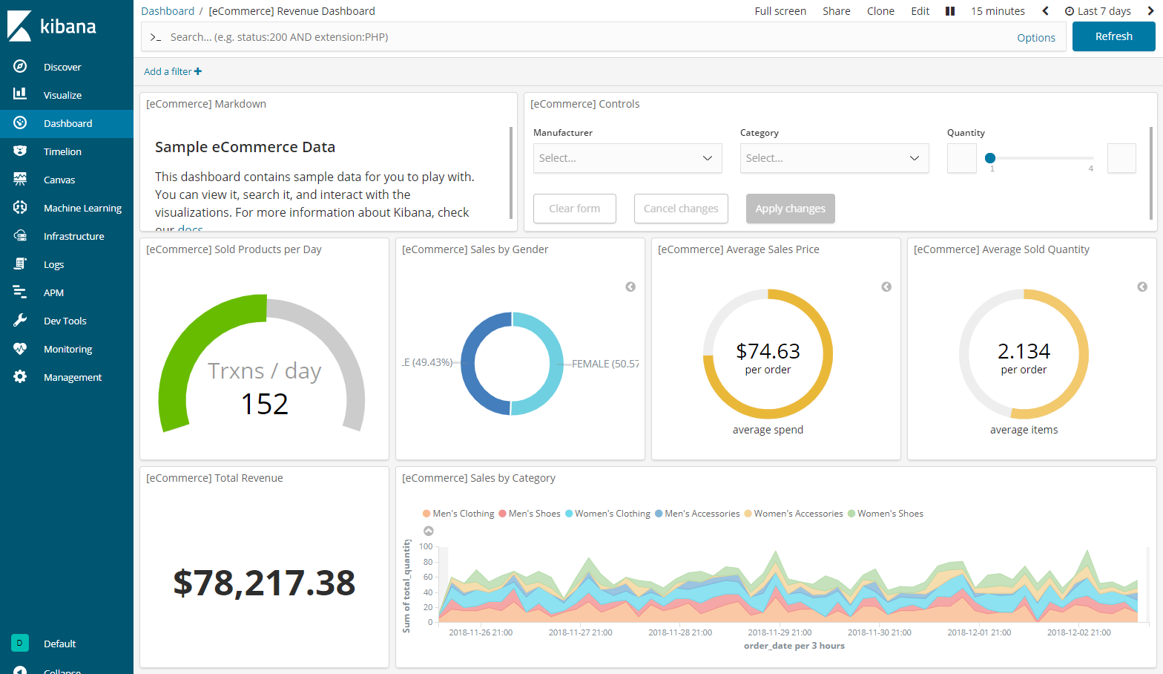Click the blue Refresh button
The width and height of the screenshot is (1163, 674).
pyautogui.click(x=1113, y=36)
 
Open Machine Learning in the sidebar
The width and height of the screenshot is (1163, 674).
pyautogui.click(x=82, y=209)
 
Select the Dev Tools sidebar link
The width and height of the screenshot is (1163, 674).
pyautogui.click(x=65, y=321)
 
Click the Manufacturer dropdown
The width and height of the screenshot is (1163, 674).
pyautogui.click(x=627, y=158)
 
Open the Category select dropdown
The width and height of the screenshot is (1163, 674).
pyautogui.click(x=834, y=158)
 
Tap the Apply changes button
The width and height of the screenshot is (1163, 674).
pyautogui.click(x=790, y=209)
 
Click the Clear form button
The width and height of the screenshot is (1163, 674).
pyautogui.click(x=574, y=209)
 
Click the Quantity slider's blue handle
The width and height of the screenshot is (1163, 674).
pyautogui.click(x=990, y=158)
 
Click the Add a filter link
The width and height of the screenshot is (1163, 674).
pyautogui.click(x=173, y=72)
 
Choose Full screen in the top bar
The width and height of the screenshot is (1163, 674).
pyautogui.click(x=780, y=11)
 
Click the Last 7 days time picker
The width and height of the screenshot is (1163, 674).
pyautogui.click(x=1098, y=11)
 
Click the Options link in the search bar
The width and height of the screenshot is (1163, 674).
pyautogui.click(x=1035, y=38)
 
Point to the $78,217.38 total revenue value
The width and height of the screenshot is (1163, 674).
pyautogui.click(x=264, y=583)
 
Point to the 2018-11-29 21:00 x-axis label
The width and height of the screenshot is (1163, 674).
pyautogui.click(x=780, y=632)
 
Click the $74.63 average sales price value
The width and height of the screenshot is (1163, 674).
pyautogui.click(x=768, y=351)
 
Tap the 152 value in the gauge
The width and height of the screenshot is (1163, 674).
pyautogui.click(x=264, y=405)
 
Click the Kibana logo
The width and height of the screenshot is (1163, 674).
pyautogui.click(x=52, y=26)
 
